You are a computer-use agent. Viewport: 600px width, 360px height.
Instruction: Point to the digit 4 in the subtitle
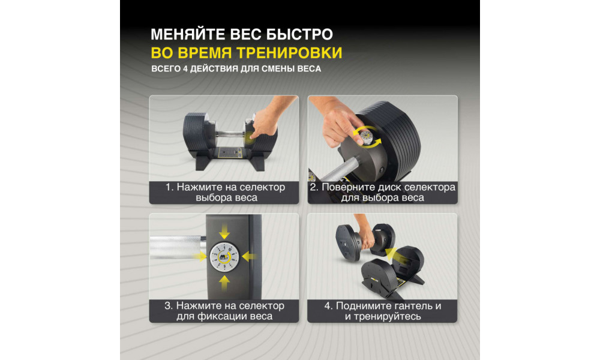click(185, 69)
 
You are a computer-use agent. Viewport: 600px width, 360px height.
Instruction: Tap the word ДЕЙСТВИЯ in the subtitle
click(214, 69)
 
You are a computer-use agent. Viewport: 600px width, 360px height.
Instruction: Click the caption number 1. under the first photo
click(170, 187)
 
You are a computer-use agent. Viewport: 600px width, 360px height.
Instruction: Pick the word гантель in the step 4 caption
click(404, 306)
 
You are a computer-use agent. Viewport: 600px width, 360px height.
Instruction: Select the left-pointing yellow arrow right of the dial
click(249, 256)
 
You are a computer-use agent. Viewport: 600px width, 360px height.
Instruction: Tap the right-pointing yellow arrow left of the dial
click(200, 256)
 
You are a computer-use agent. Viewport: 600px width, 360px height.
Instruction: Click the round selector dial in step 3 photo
click(224, 257)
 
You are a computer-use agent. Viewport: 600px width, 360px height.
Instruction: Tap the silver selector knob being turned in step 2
click(366, 137)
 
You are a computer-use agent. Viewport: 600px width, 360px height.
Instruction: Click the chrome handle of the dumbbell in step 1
click(229, 134)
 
